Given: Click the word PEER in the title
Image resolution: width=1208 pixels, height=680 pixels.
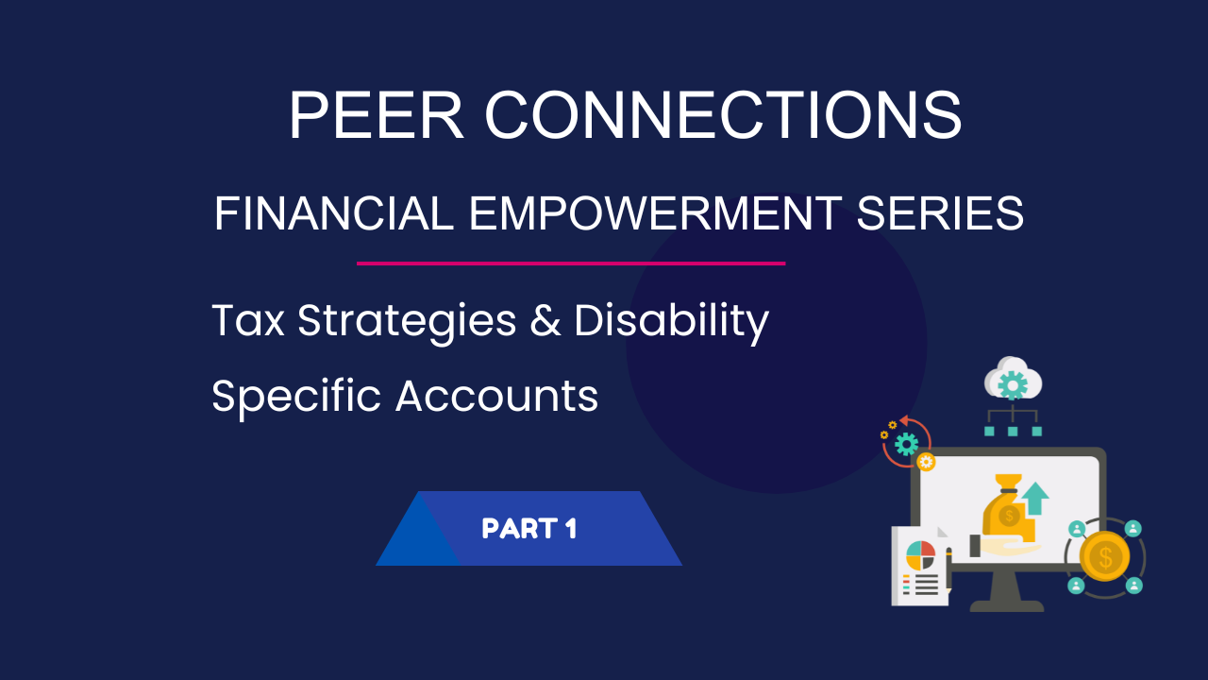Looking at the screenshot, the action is (x=377, y=115).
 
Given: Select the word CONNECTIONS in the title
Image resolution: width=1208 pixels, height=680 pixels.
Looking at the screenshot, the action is (x=723, y=115).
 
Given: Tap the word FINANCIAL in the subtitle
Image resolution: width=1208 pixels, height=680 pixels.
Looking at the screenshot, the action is (x=334, y=213).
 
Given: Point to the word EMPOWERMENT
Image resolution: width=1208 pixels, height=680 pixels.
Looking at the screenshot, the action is (x=655, y=213).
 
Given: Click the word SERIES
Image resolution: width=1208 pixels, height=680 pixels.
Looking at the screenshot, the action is (x=940, y=213).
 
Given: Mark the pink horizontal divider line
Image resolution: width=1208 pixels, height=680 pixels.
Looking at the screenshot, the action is (x=571, y=263).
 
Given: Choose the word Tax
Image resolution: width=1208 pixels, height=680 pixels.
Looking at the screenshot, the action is (x=248, y=320).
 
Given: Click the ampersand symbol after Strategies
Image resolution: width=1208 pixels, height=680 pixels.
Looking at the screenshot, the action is (x=545, y=320).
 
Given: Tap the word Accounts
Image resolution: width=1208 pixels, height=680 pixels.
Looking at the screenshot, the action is (x=496, y=396).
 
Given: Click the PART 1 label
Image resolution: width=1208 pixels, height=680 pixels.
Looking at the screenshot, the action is (x=529, y=528).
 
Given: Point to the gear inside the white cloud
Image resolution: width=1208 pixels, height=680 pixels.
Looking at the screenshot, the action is (x=1013, y=385).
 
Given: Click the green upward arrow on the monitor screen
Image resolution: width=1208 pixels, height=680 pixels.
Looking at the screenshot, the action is (x=1035, y=498).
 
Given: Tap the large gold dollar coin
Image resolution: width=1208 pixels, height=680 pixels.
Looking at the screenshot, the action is (x=1104, y=556).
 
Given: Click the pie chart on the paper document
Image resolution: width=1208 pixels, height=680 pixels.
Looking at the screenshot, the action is (x=920, y=555).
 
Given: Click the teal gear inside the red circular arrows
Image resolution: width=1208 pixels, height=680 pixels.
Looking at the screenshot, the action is (x=907, y=444).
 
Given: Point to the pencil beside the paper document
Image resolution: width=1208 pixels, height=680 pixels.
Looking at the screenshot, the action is (x=949, y=572).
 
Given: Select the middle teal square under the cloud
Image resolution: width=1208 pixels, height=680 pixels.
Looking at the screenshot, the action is (x=1013, y=432).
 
